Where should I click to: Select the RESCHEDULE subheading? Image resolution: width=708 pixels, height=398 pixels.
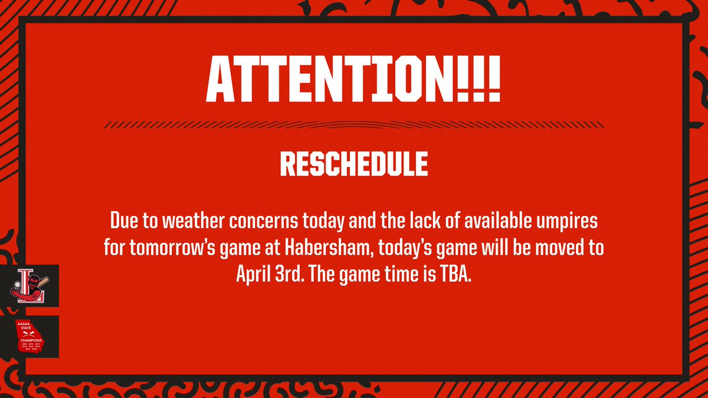point(353,165)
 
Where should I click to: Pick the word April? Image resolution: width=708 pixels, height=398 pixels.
point(255,275)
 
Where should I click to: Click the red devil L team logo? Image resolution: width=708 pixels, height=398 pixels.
point(29,285)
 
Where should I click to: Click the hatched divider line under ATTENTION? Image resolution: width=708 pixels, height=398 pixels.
point(353,124)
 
